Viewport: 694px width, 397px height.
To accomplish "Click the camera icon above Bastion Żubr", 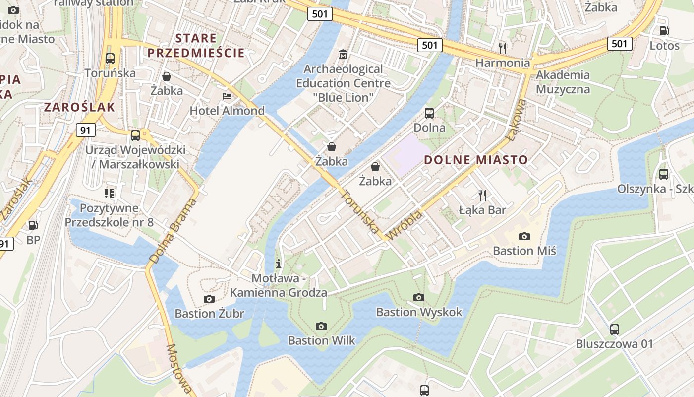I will click(x=209, y=299).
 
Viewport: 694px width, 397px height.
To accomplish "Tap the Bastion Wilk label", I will click(x=322, y=340).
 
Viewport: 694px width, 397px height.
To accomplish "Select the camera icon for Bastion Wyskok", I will click(x=419, y=297).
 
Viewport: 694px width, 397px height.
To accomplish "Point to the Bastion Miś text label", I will click(x=524, y=251).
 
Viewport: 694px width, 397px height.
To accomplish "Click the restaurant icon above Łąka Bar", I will click(x=482, y=195).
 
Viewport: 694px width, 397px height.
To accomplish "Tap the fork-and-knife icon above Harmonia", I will click(x=503, y=48).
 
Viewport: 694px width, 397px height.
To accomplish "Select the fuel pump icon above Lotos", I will click(x=664, y=31).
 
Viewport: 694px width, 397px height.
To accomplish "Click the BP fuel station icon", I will click(x=33, y=225).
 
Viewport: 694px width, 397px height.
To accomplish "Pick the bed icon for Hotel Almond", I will click(x=227, y=96).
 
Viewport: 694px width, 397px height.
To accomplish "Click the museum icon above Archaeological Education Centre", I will click(x=343, y=54).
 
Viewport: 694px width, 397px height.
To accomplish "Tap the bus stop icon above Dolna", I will click(x=429, y=113).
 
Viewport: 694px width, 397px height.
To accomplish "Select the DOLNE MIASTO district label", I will click(x=476, y=160).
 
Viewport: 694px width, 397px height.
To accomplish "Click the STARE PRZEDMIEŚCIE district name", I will click(x=196, y=45).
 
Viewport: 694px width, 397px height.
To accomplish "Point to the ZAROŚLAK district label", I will click(x=79, y=107).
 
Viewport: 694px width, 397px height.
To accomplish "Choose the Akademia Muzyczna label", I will click(x=563, y=82).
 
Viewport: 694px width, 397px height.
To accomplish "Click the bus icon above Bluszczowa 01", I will click(x=614, y=329).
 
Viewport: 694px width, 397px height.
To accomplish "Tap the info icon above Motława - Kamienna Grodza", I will click(x=279, y=263).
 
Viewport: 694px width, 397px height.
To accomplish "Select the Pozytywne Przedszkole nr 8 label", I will click(x=109, y=214).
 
